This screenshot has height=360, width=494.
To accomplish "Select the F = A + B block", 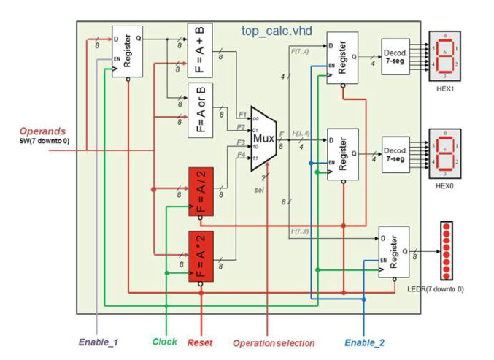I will point(200,50).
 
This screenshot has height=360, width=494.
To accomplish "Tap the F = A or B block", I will point(200,110).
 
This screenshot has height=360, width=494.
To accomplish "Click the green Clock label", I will point(165,341).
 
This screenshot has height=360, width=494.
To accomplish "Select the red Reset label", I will point(200,341).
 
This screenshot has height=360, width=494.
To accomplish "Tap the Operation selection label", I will point(274,342).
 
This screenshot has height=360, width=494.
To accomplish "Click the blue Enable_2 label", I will point(364,341).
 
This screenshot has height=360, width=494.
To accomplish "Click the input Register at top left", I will point(126,52).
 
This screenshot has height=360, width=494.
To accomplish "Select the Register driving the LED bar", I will point(393,252).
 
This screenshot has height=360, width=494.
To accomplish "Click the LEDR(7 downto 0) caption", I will point(435,289).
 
